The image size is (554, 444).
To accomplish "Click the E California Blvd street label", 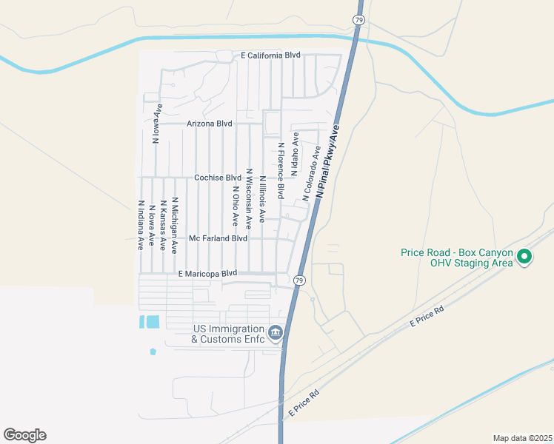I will pos(270,55).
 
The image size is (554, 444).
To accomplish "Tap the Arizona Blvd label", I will pos(210,124).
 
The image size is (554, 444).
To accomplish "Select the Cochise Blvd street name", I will pos(218,178).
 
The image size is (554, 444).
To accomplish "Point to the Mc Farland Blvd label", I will pos(218,238).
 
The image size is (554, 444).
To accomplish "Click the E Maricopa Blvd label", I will pos(208,273).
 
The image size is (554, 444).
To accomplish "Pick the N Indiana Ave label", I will pos(140,225).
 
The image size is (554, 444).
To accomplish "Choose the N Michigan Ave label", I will pos(175,225).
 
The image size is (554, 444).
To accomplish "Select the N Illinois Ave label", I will pos(261,194).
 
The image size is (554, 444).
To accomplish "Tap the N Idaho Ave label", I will pos(295,155).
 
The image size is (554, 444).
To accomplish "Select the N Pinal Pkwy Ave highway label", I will pos(327,161).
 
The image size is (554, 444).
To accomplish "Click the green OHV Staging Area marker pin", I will pos(524,258).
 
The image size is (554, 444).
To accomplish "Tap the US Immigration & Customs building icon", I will pos(276,334).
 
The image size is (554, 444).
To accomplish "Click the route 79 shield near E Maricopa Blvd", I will pos(298,280).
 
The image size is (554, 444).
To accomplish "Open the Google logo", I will pos(24,435).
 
